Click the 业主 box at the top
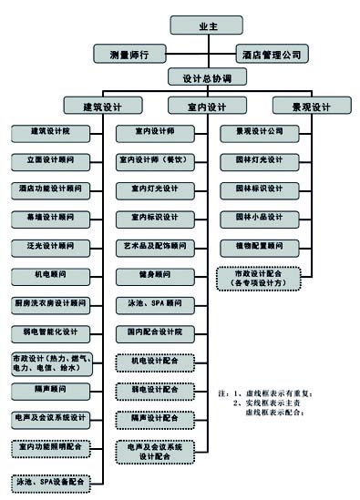point(205,26)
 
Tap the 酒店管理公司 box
point(273,54)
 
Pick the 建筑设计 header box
point(102,107)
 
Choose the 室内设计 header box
point(205,107)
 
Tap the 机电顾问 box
point(50,275)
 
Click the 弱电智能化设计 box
point(50,332)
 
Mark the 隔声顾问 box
point(50,390)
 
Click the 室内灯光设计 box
point(153,190)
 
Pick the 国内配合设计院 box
point(153,332)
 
